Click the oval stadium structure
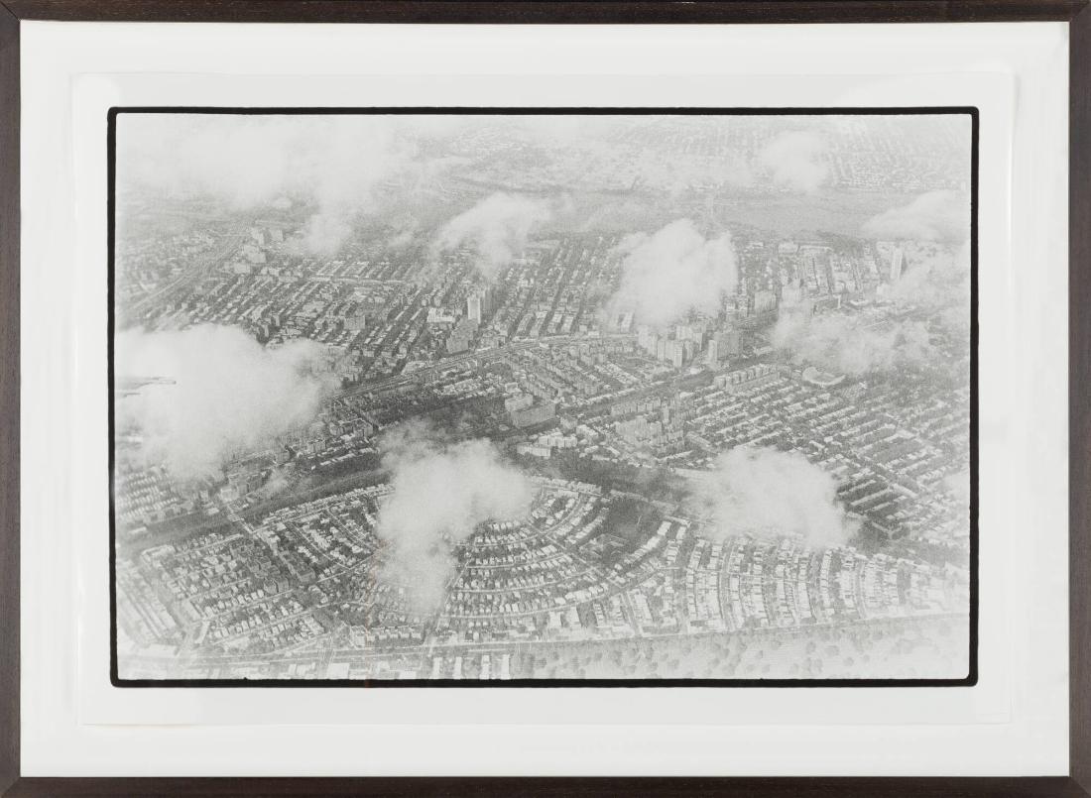click(x=822, y=377)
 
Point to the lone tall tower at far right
click(x=896, y=264)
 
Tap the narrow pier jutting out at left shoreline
click(x=149, y=383)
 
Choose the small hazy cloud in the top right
click(x=793, y=159)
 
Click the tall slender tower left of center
click(x=474, y=307)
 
